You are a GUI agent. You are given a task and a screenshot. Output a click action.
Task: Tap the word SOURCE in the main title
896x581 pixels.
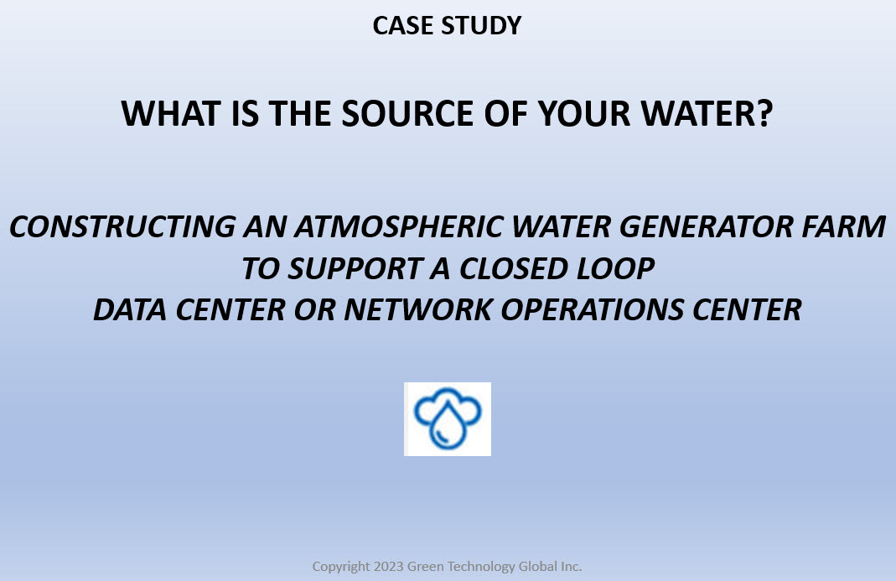tap(407, 113)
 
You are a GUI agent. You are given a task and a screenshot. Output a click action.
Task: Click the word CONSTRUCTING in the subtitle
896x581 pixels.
tap(122, 226)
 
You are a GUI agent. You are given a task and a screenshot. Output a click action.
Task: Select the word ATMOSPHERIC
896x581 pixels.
tap(399, 226)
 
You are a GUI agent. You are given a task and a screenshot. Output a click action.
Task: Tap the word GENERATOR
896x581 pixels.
tap(707, 226)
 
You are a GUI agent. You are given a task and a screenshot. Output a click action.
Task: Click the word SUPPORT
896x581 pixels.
tap(355, 268)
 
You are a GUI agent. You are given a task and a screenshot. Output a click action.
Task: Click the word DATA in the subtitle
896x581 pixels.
tap(130, 310)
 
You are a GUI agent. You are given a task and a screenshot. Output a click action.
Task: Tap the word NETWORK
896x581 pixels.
tap(418, 310)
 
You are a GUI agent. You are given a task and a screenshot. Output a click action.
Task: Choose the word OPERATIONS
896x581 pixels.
tap(593, 310)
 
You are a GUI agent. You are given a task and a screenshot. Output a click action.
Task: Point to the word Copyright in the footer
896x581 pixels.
tap(341, 567)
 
